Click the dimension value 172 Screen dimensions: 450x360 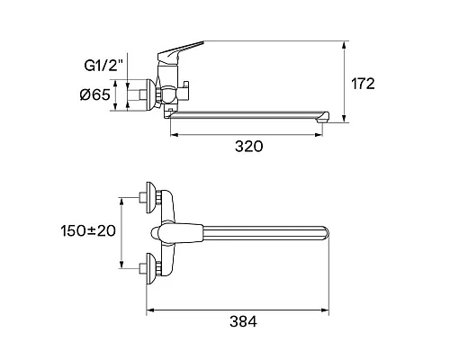pyautogui.click(x=363, y=84)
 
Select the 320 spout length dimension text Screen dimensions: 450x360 pyautogui.click(x=248, y=147)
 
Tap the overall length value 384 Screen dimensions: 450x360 pyautogui.click(x=243, y=321)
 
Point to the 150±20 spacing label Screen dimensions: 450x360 pyautogui.click(x=88, y=231)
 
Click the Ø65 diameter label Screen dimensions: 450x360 pyautogui.click(x=95, y=95)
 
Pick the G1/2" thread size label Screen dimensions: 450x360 pyautogui.click(x=104, y=66)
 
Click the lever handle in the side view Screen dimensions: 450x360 pyautogui.click(x=179, y=50)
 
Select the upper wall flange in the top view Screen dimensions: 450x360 pyautogui.click(x=150, y=197)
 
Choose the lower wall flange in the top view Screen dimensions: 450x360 pyautogui.click(x=150, y=268)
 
